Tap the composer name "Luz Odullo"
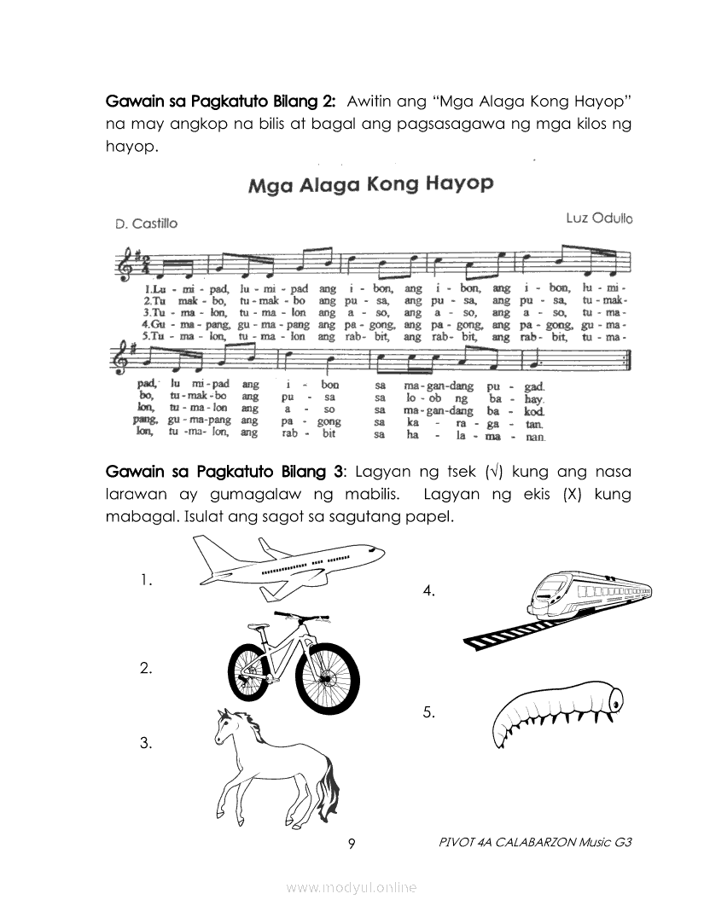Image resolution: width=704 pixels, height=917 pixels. (x=599, y=218)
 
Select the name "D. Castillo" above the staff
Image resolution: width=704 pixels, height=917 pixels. (x=146, y=223)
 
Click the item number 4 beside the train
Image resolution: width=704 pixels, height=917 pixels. (x=429, y=590)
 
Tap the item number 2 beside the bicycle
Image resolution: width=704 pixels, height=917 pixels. (x=146, y=669)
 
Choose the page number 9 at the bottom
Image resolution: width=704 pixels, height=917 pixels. (x=352, y=844)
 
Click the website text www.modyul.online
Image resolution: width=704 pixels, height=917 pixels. (x=352, y=887)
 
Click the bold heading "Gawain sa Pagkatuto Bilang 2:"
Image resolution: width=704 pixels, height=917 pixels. (x=220, y=101)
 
